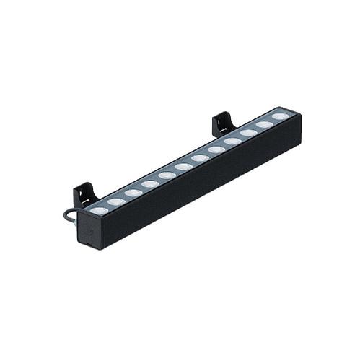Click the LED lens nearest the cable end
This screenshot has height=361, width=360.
tap(99, 211)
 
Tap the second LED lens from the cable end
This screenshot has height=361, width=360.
tap(115, 201)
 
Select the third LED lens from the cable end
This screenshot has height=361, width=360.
tap(133, 193)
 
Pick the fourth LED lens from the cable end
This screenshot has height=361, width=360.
tap(150, 184)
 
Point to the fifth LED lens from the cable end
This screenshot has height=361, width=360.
tap(167, 175)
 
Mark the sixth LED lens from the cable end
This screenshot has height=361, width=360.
tap(184, 167)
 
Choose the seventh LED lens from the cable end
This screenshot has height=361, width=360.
tap(201, 158)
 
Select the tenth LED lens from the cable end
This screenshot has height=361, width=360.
tap(248, 133)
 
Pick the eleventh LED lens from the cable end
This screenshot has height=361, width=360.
tap(264, 124)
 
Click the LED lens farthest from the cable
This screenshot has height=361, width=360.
tap(280, 116)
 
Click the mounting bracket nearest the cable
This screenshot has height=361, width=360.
tap(85, 194)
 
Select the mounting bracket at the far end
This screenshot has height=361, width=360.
tap(224, 123)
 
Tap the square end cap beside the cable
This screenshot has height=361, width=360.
tap(90, 230)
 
